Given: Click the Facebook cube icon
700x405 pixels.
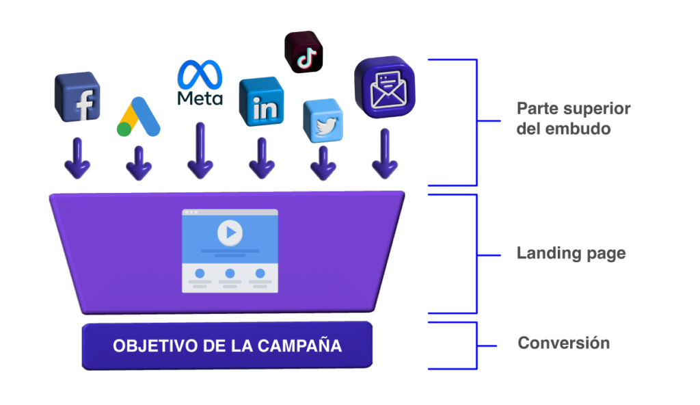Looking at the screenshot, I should pyautogui.click(x=77, y=96).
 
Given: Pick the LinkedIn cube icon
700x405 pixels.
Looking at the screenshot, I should pyautogui.click(x=260, y=102).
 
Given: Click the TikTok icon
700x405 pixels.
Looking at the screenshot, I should pyautogui.click(x=304, y=51).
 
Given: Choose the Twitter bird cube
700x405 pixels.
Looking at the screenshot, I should pyautogui.click(x=322, y=120).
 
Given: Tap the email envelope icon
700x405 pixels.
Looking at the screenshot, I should pyautogui.click(x=385, y=87).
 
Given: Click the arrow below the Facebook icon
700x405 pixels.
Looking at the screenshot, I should pyautogui.click(x=77, y=158).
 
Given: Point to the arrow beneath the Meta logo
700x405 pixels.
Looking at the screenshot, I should pyautogui.click(x=200, y=152).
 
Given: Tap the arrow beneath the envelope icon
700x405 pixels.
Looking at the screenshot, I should pyautogui.click(x=385, y=154).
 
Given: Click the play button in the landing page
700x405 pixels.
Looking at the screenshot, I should pyautogui.click(x=230, y=233).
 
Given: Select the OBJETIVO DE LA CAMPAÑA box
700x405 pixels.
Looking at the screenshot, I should pyautogui.click(x=227, y=345).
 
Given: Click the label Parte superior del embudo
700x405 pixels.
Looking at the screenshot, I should pyautogui.click(x=573, y=118).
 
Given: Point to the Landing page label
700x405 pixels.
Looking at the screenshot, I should pyautogui.click(x=571, y=254).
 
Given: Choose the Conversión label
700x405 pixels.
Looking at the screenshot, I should pyautogui.click(x=563, y=343).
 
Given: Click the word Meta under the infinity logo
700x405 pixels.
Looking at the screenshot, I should pyautogui.click(x=200, y=99).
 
